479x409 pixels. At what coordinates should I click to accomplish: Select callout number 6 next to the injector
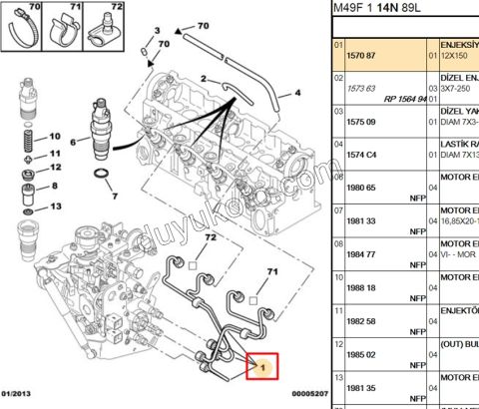point(71,143)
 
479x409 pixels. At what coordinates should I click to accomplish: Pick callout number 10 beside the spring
point(56,136)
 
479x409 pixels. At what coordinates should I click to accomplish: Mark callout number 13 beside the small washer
point(56,206)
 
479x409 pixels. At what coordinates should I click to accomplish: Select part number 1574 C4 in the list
point(358,155)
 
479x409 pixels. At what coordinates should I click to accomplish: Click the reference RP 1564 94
point(404,100)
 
